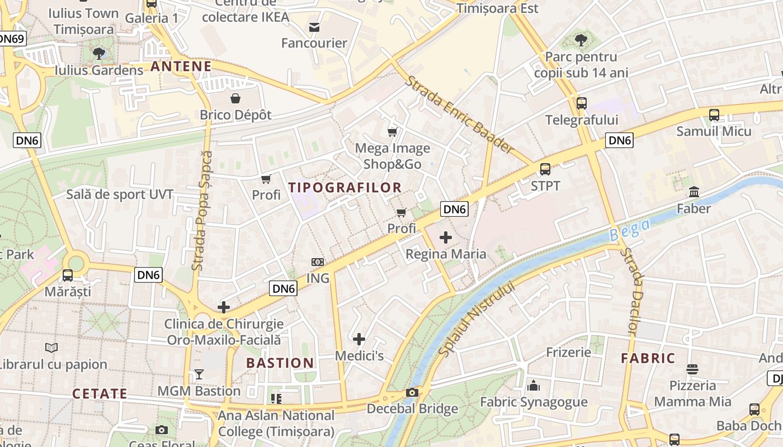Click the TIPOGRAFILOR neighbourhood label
345,188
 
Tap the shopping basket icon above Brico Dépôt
236,98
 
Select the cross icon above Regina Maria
446,237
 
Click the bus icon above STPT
545,169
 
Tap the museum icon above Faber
694,192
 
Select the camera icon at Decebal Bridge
412,392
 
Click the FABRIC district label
648,358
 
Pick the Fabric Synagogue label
534,402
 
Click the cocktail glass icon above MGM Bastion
199,374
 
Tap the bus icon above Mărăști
68,275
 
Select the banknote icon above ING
317,262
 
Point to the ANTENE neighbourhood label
181,67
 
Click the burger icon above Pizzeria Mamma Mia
692,369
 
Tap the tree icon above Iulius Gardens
99,54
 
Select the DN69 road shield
11,39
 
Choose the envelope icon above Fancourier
314,27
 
